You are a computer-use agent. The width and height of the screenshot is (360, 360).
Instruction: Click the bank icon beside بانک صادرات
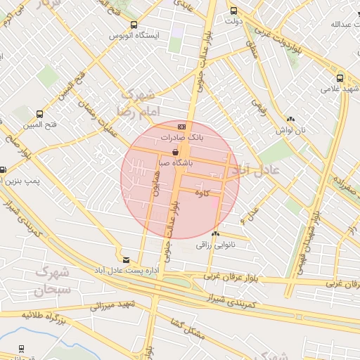(x=181, y=126)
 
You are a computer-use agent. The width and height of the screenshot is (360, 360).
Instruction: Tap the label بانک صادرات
(x=181, y=137)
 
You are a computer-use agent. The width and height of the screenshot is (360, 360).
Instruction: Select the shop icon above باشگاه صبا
(x=175, y=152)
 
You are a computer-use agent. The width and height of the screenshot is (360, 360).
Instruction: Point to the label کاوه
(x=203, y=194)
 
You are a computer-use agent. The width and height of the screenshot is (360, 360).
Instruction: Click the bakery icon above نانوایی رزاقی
(x=215, y=233)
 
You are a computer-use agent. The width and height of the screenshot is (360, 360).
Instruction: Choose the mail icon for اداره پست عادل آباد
(x=126, y=259)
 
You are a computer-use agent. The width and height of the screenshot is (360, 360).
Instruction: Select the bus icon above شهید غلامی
(x=340, y=78)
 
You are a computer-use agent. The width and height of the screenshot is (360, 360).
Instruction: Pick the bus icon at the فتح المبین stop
(x=39, y=113)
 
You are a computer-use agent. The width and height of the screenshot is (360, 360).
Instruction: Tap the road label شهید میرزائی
(x=115, y=306)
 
